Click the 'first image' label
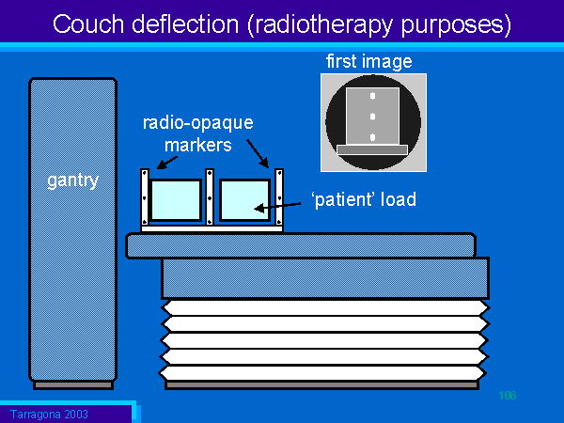(369, 62)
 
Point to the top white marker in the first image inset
(372, 97)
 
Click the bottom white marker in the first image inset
(372, 137)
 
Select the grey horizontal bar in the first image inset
(372, 149)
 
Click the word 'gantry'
(72, 180)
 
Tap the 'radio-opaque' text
(198, 124)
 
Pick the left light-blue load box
(176, 198)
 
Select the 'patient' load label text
(362, 200)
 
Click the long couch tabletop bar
(300, 245)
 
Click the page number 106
(509, 395)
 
